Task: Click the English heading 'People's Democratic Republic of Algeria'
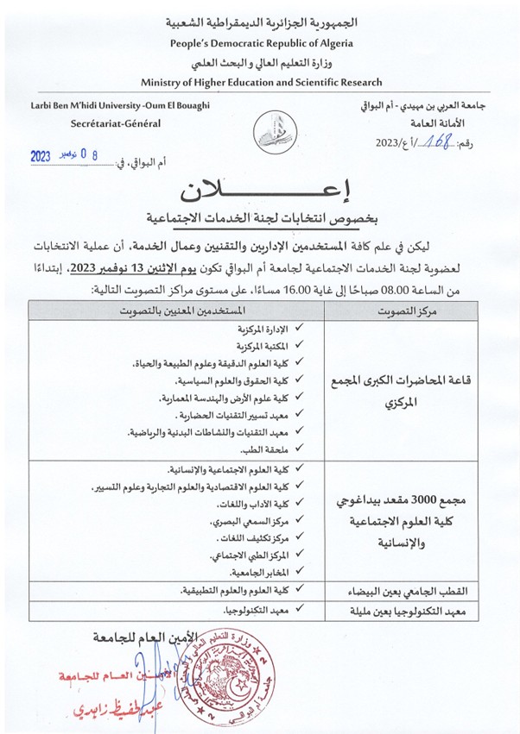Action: click(x=260, y=42)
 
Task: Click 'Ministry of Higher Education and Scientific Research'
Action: click(x=260, y=82)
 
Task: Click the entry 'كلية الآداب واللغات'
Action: click(x=256, y=505)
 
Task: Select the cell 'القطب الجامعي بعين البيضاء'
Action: click(x=404, y=592)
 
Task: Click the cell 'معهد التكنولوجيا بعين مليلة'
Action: click(x=403, y=612)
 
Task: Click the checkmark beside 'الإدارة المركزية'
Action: click(x=301, y=329)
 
